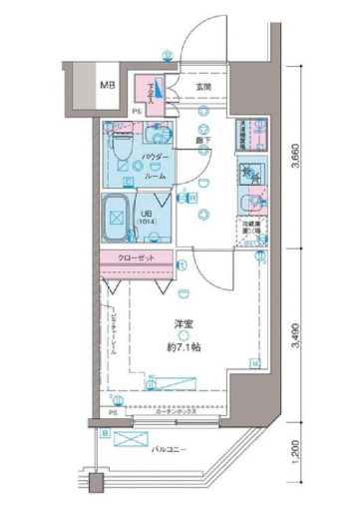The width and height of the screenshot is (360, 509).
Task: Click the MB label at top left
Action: coord(107,85)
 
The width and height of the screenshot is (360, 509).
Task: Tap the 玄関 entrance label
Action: coord(204,88)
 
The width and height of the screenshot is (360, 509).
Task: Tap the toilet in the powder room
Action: coord(121,147)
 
